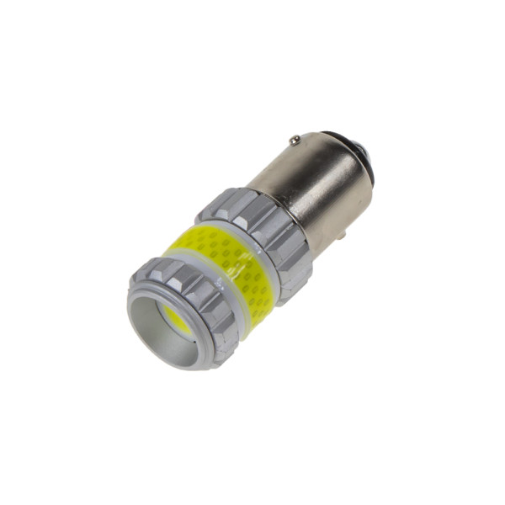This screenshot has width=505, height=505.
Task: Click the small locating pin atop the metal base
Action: (294, 139)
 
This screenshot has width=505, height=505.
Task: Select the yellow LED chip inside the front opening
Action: (177, 317)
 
